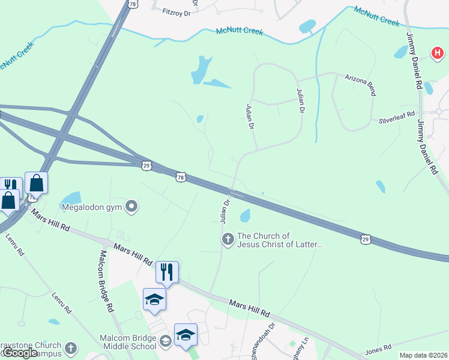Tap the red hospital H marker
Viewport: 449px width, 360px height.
436,54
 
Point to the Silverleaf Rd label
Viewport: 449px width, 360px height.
397,117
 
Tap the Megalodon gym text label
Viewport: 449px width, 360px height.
92,208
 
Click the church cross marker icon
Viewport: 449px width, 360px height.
228,240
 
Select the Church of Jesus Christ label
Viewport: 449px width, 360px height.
280,240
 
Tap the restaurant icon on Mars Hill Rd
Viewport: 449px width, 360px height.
167,272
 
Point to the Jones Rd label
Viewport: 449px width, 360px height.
378,347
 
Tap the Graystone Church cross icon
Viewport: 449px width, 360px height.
71,348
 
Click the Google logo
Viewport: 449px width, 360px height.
20,353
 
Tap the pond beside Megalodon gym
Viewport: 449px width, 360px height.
71,197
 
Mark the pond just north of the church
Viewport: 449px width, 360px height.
245,215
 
